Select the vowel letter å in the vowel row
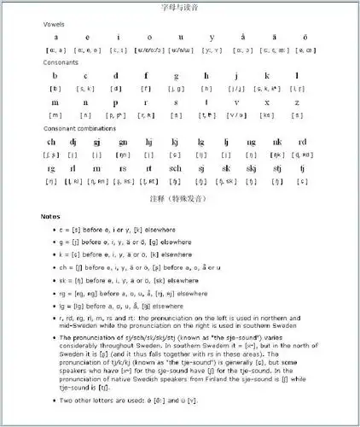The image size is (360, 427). click(x=243, y=38)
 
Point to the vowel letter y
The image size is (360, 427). click(x=212, y=38)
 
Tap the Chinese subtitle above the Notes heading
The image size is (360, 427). click(x=179, y=198)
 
